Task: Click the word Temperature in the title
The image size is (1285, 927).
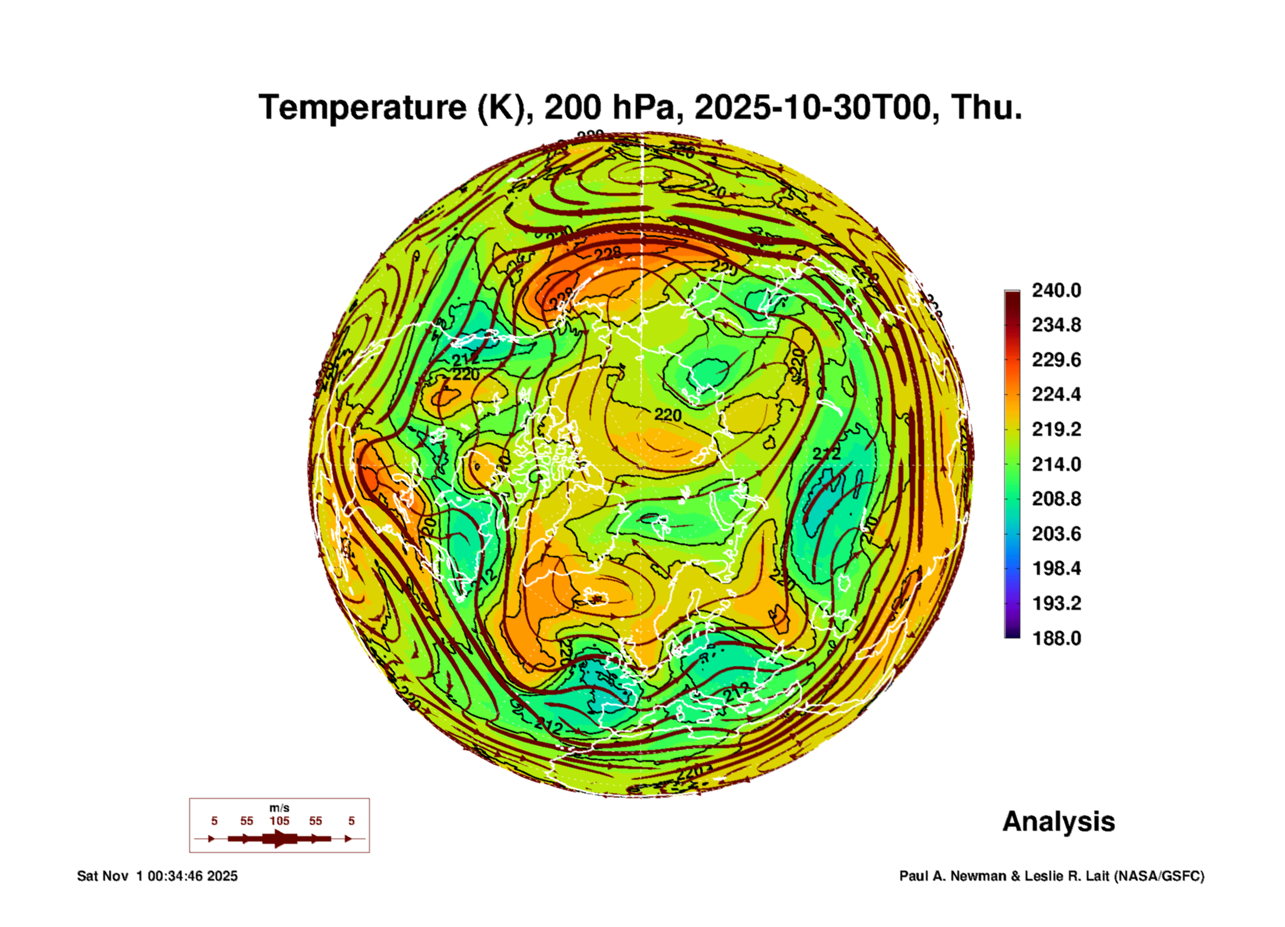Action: point(363,107)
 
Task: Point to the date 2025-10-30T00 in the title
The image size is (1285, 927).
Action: point(813,107)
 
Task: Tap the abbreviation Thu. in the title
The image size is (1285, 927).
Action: point(986,107)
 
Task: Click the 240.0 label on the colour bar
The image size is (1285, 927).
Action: point(1056,290)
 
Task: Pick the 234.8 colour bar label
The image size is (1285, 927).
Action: point(1056,325)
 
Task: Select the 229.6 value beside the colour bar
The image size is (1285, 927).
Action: point(1056,360)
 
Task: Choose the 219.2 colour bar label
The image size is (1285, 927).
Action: point(1056,429)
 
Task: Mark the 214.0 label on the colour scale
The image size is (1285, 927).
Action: point(1056,464)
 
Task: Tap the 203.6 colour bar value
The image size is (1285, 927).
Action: point(1056,534)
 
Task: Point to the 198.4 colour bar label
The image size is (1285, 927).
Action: point(1056,568)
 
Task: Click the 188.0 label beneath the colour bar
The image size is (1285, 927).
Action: point(1056,638)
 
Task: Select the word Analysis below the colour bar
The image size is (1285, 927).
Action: point(1058,821)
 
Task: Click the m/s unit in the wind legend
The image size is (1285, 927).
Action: point(279,808)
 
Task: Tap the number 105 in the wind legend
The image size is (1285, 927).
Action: point(279,821)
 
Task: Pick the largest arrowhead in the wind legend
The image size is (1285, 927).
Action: point(279,839)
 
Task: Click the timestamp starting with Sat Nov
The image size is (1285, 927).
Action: point(157,876)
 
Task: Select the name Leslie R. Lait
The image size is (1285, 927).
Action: point(1066,876)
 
